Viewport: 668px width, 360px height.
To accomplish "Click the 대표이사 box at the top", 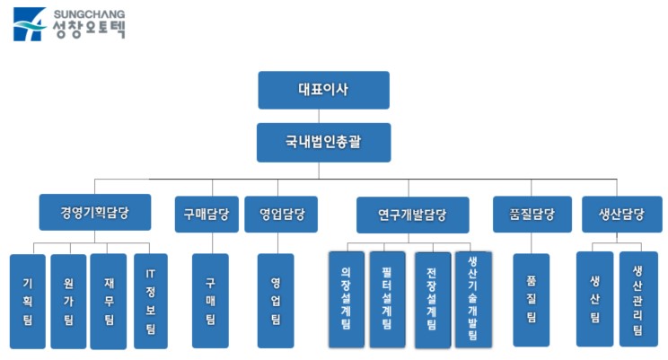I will [323, 90].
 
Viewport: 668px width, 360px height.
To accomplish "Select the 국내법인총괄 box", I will [323, 142].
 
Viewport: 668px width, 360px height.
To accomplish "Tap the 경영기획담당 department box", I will [94, 215].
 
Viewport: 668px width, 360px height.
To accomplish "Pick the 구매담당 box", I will [207, 215].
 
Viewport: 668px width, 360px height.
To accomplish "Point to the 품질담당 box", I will [532, 215].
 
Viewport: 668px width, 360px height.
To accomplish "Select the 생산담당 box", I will [621, 215].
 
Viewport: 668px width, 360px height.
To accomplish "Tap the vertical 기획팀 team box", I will [27, 301].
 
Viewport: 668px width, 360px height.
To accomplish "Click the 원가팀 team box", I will [68, 301].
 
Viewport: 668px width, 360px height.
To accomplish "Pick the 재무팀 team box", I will [108, 301].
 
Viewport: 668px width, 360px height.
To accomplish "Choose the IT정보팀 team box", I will [150, 301].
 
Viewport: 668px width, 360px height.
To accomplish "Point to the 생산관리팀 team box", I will [638, 299].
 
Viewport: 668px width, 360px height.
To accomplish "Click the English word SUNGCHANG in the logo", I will [89, 14].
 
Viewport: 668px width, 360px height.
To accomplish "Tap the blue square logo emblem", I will [30, 24].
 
